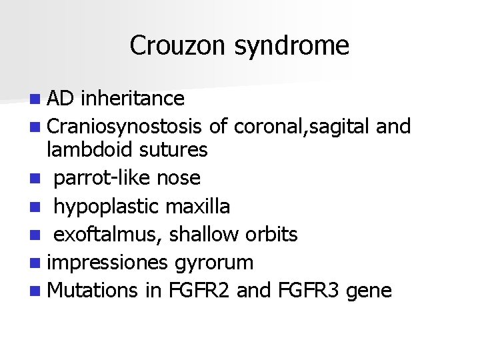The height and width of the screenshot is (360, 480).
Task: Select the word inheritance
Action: tap(133, 99)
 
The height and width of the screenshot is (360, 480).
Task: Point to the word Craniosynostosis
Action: tap(125, 125)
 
